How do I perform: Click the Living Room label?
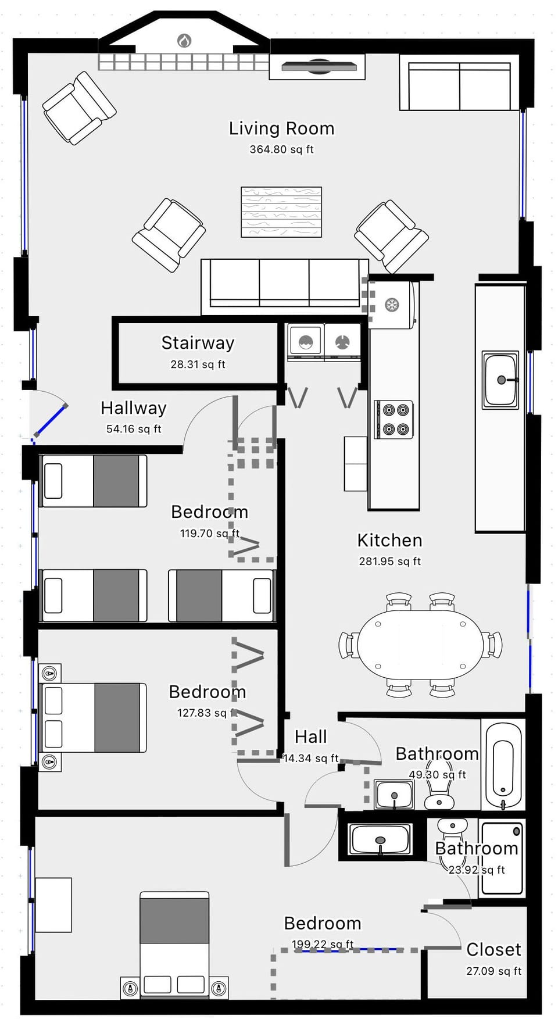pyautogui.click(x=281, y=128)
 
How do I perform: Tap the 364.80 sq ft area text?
pyautogui.click(x=281, y=149)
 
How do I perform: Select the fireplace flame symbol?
pyautogui.click(x=184, y=41)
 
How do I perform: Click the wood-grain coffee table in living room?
pyautogui.click(x=281, y=212)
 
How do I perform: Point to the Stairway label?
pyautogui.click(x=198, y=343)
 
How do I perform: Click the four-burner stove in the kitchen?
pyautogui.click(x=394, y=420)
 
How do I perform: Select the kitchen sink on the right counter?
pyautogui.click(x=500, y=380)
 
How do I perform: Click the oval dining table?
pyautogui.click(x=420, y=645)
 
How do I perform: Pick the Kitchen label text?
pyautogui.click(x=389, y=541)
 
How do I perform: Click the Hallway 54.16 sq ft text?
pyautogui.click(x=133, y=429)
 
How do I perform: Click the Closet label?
pyautogui.click(x=493, y=950)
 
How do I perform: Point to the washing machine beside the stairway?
pyautogui.click(x=306, y=342)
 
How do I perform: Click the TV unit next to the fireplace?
pyautogui.click(x=318, y=67)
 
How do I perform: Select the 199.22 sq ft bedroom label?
pyautogui.click(x=323, y=924)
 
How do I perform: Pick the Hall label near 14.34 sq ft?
pyautogui.click(x=310, y=737)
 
